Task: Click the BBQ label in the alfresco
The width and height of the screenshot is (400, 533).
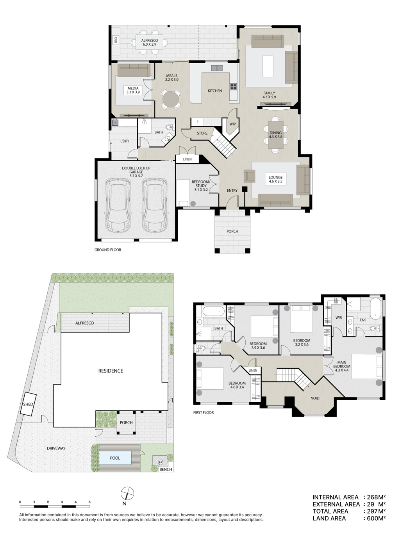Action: tap(116, 40)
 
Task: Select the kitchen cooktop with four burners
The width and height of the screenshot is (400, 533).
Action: tap(233, 86)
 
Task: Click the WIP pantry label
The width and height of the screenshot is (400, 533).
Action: tap(232, 124)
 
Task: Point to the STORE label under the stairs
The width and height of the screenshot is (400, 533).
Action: tap(202, 133)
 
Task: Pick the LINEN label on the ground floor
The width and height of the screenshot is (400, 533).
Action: tap(187, 159)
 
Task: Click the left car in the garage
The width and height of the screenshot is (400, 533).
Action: tap(118, 205)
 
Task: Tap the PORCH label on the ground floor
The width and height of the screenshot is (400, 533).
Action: tap(232, 232)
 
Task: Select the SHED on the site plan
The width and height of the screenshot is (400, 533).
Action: tap(28, 404)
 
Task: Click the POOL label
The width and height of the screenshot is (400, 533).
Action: tap(115, 458)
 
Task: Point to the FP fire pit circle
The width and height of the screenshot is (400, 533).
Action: tap(160, 462)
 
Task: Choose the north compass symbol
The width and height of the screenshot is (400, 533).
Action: tap(127, 493)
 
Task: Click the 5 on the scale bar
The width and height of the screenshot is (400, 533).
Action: tap(89, 502)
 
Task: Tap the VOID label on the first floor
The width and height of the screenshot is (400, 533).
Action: tap(315, 398)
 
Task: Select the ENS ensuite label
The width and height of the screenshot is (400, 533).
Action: tap(363, 320)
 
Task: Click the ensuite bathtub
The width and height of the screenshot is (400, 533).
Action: tap(376, 308)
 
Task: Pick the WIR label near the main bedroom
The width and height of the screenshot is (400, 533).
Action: tap(339, 317)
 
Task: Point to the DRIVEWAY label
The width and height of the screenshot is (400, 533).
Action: tap(56, 448)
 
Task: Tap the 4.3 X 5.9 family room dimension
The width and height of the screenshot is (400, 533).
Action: tap(269, 97)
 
